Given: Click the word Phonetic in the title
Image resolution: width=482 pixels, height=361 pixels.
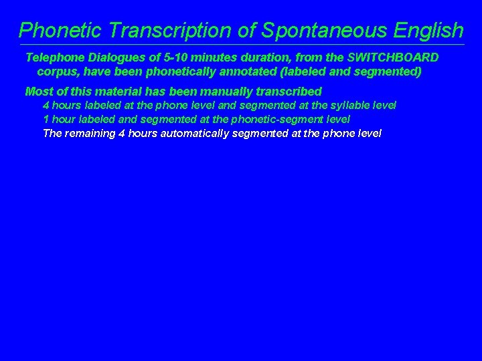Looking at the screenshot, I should pos(61,30).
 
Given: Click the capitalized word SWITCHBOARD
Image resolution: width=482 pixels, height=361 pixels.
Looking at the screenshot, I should pos(392,57).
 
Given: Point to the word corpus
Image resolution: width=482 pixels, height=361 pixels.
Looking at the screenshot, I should pos(58,71).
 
